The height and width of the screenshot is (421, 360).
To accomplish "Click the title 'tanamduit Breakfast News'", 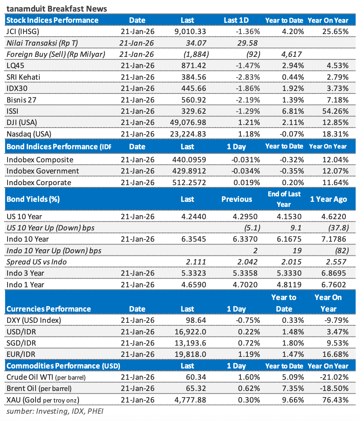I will coord(56,8).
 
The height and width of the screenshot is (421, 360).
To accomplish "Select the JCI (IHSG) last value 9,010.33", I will coord(190,32).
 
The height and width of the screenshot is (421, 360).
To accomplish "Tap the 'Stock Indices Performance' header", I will coord(53,20).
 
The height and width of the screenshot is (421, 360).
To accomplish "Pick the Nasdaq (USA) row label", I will coord(29,134).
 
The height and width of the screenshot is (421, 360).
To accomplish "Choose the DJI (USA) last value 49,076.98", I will coord(188,122).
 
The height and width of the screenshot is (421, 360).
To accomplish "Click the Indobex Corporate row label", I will coord(39,183).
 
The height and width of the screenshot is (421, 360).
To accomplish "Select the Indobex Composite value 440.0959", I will coord(190,160).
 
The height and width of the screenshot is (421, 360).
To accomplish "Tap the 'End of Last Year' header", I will coord(284,199).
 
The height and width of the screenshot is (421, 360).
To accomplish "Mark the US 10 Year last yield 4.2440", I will coord(194,217).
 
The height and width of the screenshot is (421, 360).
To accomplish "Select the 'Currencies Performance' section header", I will coord(49,309).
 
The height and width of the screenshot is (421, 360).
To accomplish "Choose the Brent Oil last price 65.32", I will coord(196,388).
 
